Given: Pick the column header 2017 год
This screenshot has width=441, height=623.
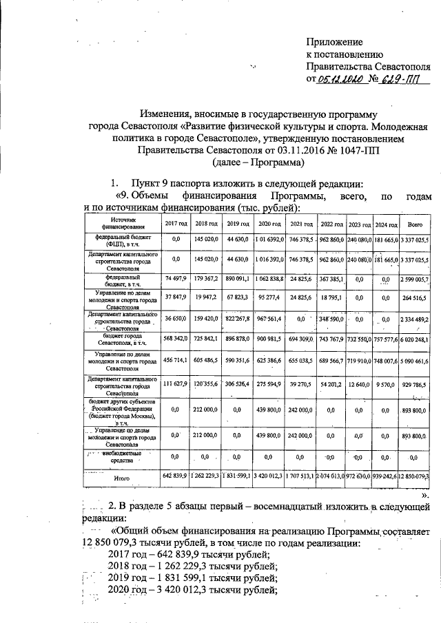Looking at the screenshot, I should pos(176,225).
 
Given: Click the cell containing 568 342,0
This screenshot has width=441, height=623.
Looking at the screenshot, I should pos(176,341).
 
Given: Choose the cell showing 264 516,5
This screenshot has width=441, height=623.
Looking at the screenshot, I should pos(416,300).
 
